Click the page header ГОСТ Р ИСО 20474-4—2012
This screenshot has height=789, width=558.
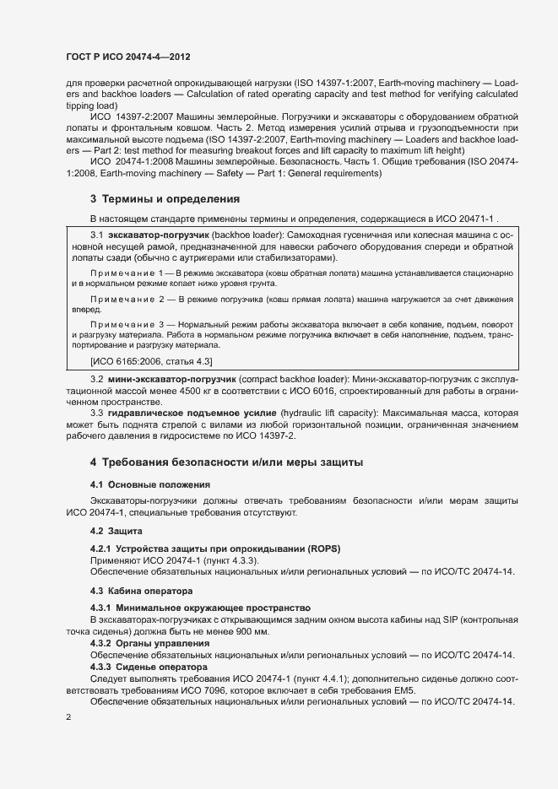[127, 57]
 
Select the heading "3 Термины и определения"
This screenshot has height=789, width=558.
[165, 199]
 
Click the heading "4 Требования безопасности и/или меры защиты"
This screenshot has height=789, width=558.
[226, 462]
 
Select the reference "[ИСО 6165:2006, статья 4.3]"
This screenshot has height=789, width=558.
[145, 361]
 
